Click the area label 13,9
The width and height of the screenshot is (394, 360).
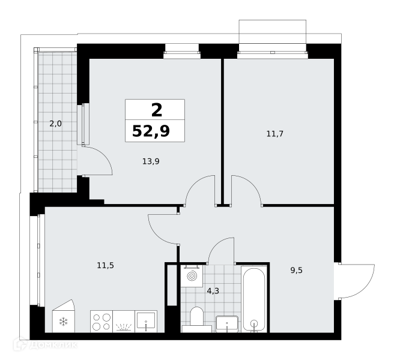tap(151, 161)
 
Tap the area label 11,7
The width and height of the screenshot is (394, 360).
tap(275, 134)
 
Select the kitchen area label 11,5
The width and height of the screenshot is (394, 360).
tap(106, 265)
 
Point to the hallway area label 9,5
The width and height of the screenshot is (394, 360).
tap(297, 271)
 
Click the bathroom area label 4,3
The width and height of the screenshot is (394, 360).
tap(213, 291)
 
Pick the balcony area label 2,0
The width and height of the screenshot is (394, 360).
tap(55, 124)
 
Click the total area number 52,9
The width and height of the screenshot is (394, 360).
tap(151, 131)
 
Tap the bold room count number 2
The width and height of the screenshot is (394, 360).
tap(157, 110)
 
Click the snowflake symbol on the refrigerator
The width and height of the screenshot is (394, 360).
tap(63, 322)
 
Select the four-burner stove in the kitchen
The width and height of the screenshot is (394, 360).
tap(102, 322)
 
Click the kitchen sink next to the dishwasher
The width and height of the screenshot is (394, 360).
tap(146, 322)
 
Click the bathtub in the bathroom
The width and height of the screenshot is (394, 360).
tap(254, 299)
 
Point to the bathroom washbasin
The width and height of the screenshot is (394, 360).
tap(227, 324)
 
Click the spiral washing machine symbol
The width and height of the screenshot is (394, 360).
tap(192, 276)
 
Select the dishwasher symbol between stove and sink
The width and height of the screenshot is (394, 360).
tap(124, 322)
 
